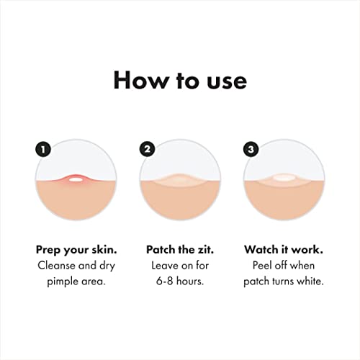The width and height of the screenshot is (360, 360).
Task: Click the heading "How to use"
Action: [180, 80]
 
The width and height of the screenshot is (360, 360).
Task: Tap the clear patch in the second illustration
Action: [179, 180]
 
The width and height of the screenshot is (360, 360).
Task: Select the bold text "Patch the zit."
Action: [179, 250]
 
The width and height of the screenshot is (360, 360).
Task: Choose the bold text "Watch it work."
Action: [283, 250]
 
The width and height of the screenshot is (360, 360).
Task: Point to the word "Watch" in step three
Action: [263, 250]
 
